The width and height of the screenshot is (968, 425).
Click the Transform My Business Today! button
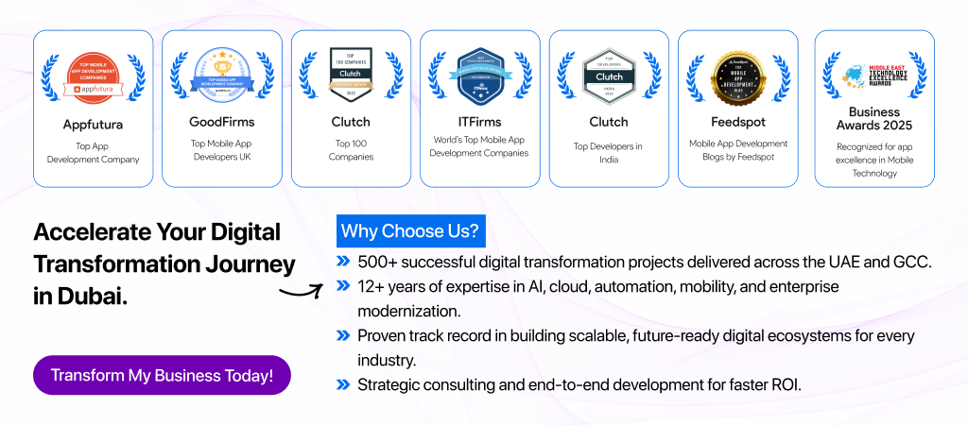pyautogui.click(x=162, y=375)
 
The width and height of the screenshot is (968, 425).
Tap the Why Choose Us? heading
pyautogui.click(x=409, y=231)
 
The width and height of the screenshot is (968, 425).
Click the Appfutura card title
pyautogui.click(x=94, y=122)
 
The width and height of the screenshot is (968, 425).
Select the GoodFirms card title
pyautogui.click(x=222, y=122)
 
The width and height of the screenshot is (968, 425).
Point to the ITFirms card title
pyautogui.click(x=479, y=122)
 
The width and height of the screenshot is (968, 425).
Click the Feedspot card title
pyautogui.click(x=737, y=122)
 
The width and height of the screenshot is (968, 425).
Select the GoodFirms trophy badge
pyautogui.click(x=222, y=74)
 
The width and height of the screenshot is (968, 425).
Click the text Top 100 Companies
pyautogui.click(x=351, y=149)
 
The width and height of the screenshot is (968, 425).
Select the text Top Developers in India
pyautogui.click(x=609, y=153)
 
